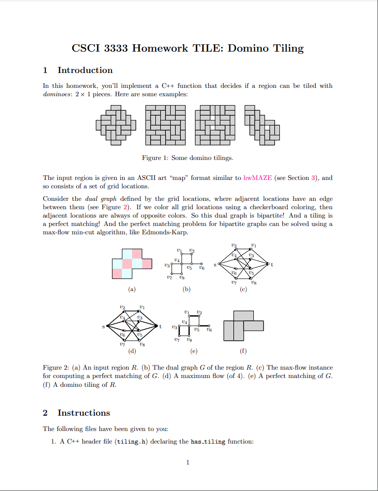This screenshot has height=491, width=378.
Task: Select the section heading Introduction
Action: click(x=85, y=70)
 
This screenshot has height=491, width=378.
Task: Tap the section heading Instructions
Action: click(x=84, y=413)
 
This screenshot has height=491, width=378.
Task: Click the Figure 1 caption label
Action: click(x=155, y=158)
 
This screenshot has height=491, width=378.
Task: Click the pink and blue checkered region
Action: click(x=132, y=264)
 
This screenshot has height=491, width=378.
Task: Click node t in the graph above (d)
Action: click(x=160, y=326)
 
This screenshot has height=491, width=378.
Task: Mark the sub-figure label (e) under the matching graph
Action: click(x=194, y=351)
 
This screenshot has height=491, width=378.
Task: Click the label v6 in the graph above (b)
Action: click(x=201, y=268)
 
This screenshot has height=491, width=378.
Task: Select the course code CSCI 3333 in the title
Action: click(x=100, y=48)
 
